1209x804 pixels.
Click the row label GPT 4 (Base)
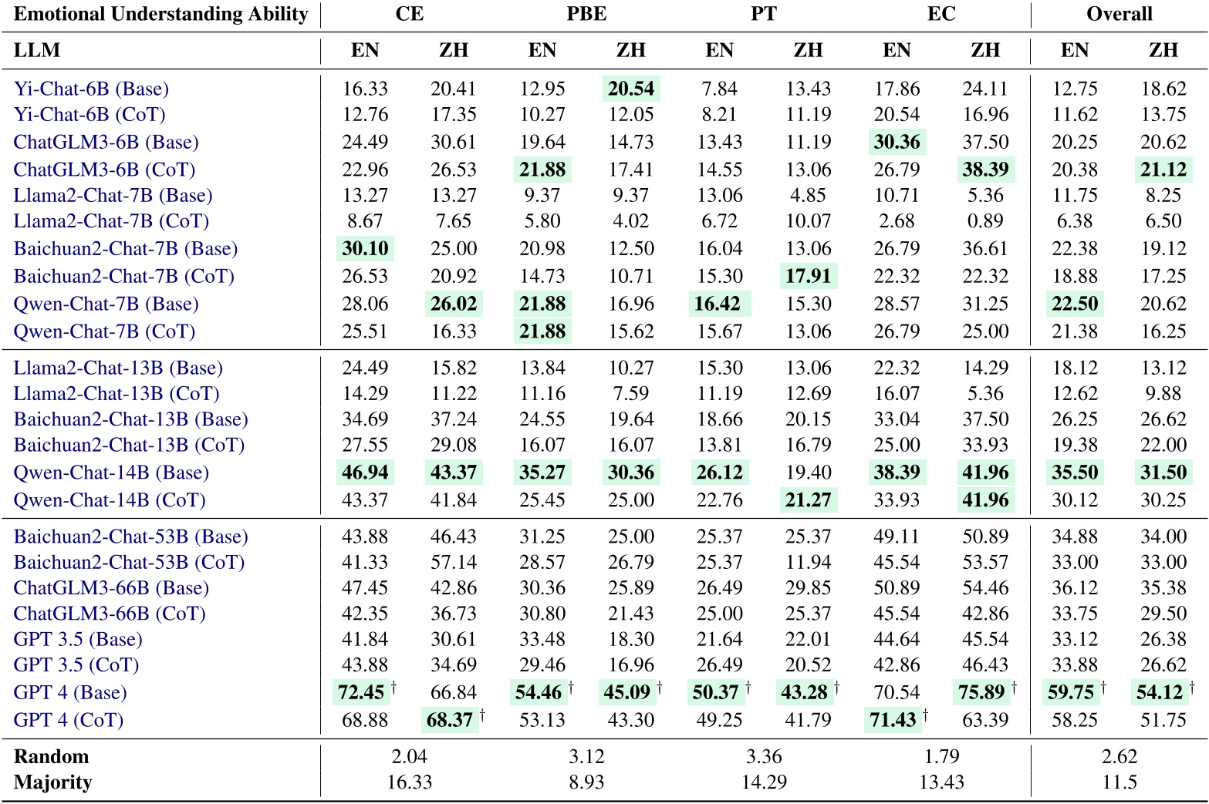(x=70, y=692)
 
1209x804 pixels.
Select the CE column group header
(x=409, y=14)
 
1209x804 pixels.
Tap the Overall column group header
(x=1119, y=14)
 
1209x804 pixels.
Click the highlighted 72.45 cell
(x=361, y=692)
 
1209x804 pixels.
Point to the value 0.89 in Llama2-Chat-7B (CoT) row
(x=985, y=221)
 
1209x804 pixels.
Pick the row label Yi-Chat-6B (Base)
(x=91, y=89)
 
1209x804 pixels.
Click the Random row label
(x=51, y=756)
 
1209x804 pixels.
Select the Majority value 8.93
(x=586, y=782)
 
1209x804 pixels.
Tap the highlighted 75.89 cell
(x=981, y=692)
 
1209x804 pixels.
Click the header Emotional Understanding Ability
(x=160, y=14)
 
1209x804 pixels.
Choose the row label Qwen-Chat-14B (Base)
(x=111, y=473)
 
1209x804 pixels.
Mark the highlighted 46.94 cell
(x=365, y=473)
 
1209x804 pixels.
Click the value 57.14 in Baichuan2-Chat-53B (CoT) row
(x=454, y=562)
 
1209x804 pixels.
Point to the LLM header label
(x=37, y=50)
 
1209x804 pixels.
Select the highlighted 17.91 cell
(x=808, y=276)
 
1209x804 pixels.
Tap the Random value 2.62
(x=1119, y=756)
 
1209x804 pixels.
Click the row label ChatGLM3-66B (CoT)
(x=110, y=614)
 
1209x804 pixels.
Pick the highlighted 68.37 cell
(x=450, y=720)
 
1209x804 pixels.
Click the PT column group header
(x=763, y=14)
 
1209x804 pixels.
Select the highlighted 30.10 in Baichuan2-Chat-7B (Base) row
(x=365, y=248)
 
